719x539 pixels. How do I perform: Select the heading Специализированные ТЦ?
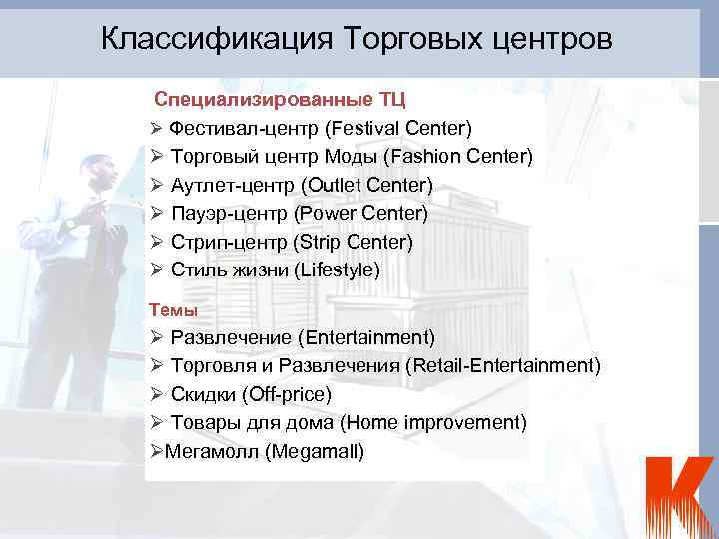[x=279, y=100]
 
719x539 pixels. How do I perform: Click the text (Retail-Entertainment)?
[x=503, y=365]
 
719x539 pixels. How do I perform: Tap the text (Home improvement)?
[x=433, y=422]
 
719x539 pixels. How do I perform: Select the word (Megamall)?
[x=316, y=451]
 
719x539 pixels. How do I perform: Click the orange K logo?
[x=678, y=495]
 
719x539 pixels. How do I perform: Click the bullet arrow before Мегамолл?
[x=155, y=451]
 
